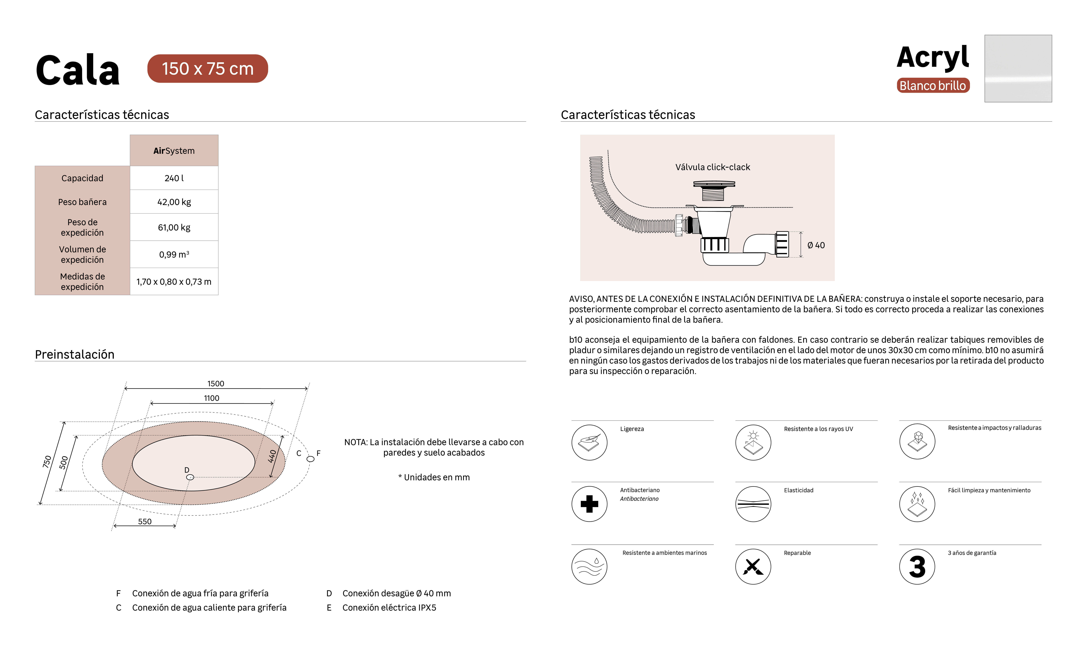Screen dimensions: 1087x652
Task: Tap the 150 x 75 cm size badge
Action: tap(207, 69)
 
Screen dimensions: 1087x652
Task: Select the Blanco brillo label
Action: tap(933, 85)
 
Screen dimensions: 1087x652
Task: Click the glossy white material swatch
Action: tap(1018, 69)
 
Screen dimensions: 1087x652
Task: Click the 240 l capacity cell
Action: tap(174, 178)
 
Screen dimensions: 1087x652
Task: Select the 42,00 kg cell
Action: tap(174, 202)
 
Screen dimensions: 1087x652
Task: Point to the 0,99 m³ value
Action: tap(174, 254)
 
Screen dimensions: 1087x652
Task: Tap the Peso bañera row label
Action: tap(82, 202)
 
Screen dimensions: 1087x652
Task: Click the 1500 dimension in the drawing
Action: tap(216, 384)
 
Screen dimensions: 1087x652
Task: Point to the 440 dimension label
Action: tap(272, 456)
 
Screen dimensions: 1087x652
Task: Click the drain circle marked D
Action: tap(190, 477)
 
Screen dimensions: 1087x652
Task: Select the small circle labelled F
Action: tap(310, 459)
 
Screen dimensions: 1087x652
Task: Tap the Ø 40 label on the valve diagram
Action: tap(816, 245)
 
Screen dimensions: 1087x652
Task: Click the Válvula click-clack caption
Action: tap(713, 167)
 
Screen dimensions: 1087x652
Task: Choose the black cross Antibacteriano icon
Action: tap(589, 504)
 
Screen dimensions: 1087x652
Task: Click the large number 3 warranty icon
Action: tap(917, 566)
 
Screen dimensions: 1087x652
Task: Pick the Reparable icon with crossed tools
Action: tap(753, 566)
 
